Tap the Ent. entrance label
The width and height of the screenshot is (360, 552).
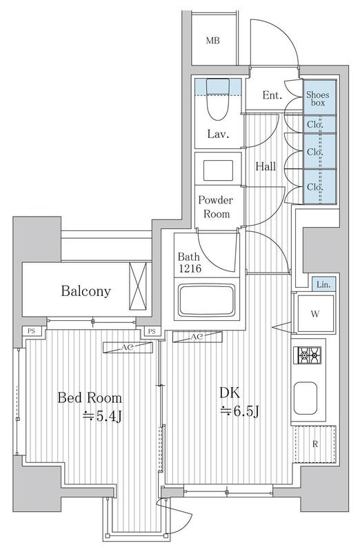pos(273,95)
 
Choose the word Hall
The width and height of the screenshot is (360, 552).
pos(267,166)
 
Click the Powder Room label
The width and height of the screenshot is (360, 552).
pos(216,206)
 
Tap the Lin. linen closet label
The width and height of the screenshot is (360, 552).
pos(322,284)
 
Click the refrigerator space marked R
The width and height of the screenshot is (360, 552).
pos(314,444)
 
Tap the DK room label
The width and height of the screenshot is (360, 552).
pos(230,393)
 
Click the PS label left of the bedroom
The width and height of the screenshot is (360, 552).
pos(30,331)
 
